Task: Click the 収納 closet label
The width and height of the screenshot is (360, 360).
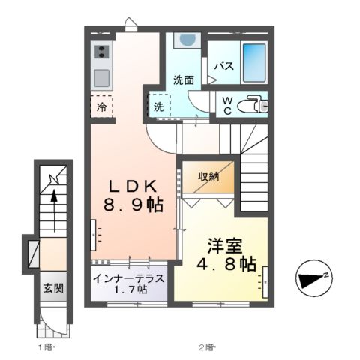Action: pos(209,177)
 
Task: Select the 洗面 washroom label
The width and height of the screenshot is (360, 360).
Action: pos(184,79)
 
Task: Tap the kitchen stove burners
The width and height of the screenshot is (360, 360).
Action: pos(100,53)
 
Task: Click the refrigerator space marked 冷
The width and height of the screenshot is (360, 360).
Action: pos(102,107)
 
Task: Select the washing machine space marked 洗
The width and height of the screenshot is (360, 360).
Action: pos(159,106)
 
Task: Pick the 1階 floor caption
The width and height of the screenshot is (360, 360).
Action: pos(45,346)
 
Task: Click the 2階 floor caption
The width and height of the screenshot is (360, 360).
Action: pos(206,346)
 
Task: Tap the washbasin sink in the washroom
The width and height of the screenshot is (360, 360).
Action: pos(187,43)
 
